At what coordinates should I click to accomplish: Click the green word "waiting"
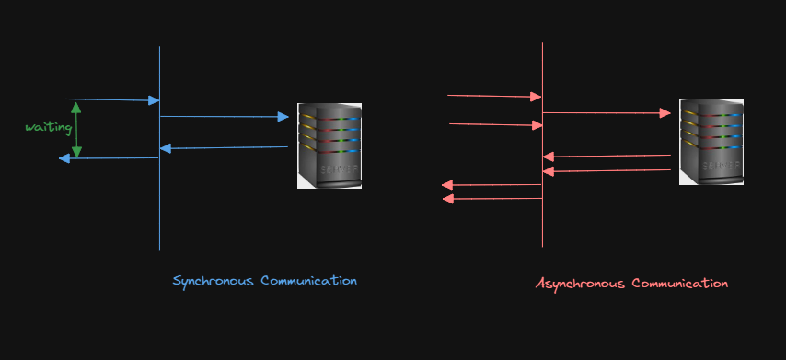[x=48, y=127]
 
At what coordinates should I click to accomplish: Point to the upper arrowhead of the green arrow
[x=75, y=106]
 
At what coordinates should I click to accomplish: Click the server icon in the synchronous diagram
[x=329, y=145]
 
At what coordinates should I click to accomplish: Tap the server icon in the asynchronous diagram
[x=711, y=142]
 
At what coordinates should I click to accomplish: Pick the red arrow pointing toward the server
[x=607, y=113]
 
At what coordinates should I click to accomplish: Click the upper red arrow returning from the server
[x=607, y=156]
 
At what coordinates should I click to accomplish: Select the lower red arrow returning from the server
[x=607, y=170]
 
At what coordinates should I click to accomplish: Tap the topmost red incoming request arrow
[x=494, y=96]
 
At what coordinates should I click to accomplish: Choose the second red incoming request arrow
[x=495, y=124]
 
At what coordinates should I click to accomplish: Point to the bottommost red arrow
[x=492, y=198]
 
